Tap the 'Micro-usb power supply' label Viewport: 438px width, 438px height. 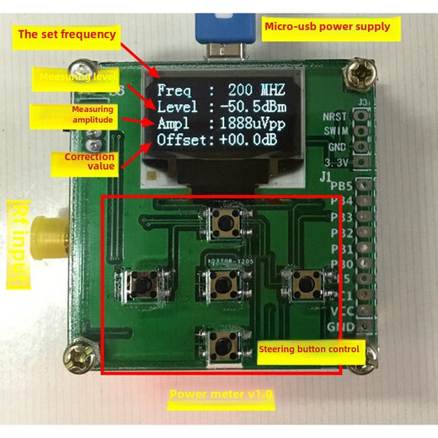click(x=328, y=26)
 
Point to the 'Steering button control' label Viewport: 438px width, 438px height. click(x=308, y=348)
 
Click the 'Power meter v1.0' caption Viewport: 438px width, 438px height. click(x=222, y=393)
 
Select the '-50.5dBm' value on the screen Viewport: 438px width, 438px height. click(x=250, y=107)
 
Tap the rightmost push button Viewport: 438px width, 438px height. click(x=300, y=280)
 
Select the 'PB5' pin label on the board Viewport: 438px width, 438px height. click(x=341, y=185)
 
